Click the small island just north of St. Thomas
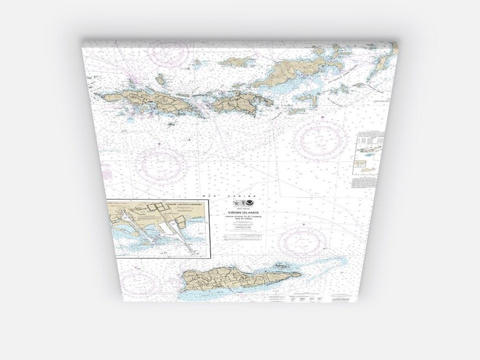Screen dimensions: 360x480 [160, 79]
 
